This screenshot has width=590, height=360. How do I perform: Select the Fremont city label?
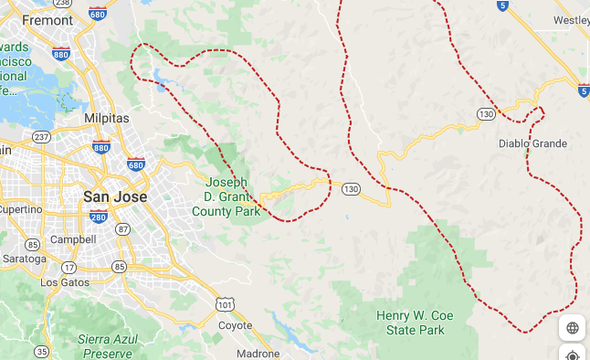click(x=48, y=19)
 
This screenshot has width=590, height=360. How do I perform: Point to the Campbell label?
click(x=74, y=239)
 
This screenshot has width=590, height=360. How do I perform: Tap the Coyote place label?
click(x=236, y=325)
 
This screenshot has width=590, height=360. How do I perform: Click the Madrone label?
click(x=258, y=353)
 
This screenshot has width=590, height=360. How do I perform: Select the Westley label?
click(x=573, y=19)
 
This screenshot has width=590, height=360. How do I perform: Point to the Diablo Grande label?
click(x=532, y=143)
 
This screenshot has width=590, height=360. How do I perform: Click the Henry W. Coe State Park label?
click(x=412, y=323)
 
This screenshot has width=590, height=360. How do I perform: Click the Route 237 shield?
click(x=41, y=137)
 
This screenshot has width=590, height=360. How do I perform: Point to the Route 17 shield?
click(x=70, y=267)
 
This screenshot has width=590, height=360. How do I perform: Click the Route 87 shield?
click(x=123, y=229)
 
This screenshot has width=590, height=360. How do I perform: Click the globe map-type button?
click(x=573, y=328)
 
